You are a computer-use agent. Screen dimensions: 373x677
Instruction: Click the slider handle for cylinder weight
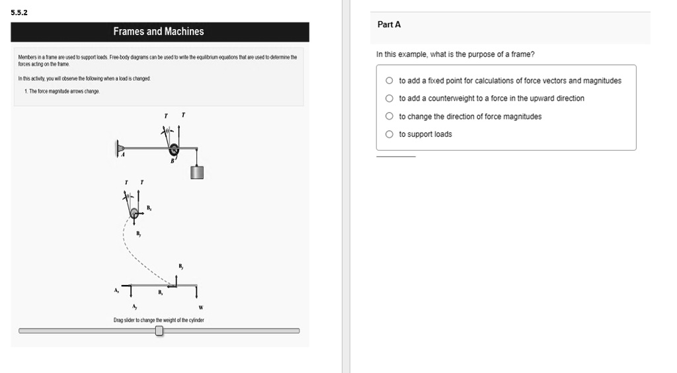pyautogui.click(x=159, y=331)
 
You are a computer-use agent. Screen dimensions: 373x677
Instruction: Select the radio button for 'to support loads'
pyautogui.click(x=389, y=134)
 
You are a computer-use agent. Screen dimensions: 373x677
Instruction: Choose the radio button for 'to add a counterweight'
pyautogui.click(x=389, y=99)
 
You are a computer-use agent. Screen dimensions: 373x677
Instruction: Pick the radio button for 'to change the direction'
pyautogui.click(x=389, y=116)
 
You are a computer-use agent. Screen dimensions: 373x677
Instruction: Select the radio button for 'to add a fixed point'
pyautogui.click(x=389, y=81)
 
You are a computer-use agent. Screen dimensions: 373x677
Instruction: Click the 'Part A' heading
pyautogui.click(x=389, y=24)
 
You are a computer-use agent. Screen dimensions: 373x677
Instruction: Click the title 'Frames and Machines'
pyautogui.click(x=159, y=32)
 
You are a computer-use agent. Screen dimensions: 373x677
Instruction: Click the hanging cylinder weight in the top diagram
pyautogui.click(x=197, y=172)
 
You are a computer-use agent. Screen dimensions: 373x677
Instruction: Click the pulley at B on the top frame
pyautogui.click(x=174, y=150)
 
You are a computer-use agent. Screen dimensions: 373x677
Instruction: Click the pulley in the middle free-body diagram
pyautogui.click(x=134, y=212)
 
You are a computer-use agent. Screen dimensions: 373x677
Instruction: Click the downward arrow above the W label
pyautogui.click(x=198, y=293)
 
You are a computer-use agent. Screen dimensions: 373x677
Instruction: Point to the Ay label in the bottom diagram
pyautogui.click(x=134, y=307)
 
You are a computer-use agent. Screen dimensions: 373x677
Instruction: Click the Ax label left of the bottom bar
pyautogui.click(x=116, y=290)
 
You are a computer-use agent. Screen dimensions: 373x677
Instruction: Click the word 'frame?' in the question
pyautogui.click(x=512, y=54)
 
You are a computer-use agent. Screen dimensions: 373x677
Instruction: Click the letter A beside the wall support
pyautogui.click(x=122, y=155)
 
